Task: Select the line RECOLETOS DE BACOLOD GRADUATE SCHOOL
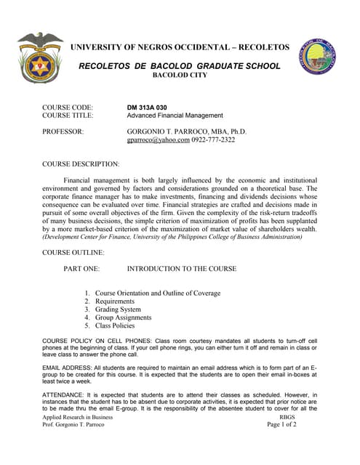point(179,66)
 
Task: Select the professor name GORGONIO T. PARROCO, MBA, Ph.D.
point(187,132)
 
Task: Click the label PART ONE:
point(87,269)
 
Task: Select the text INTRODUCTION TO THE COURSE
point(181,269)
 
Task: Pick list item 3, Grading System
point(119,310)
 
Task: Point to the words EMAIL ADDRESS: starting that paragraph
point(71,368)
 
